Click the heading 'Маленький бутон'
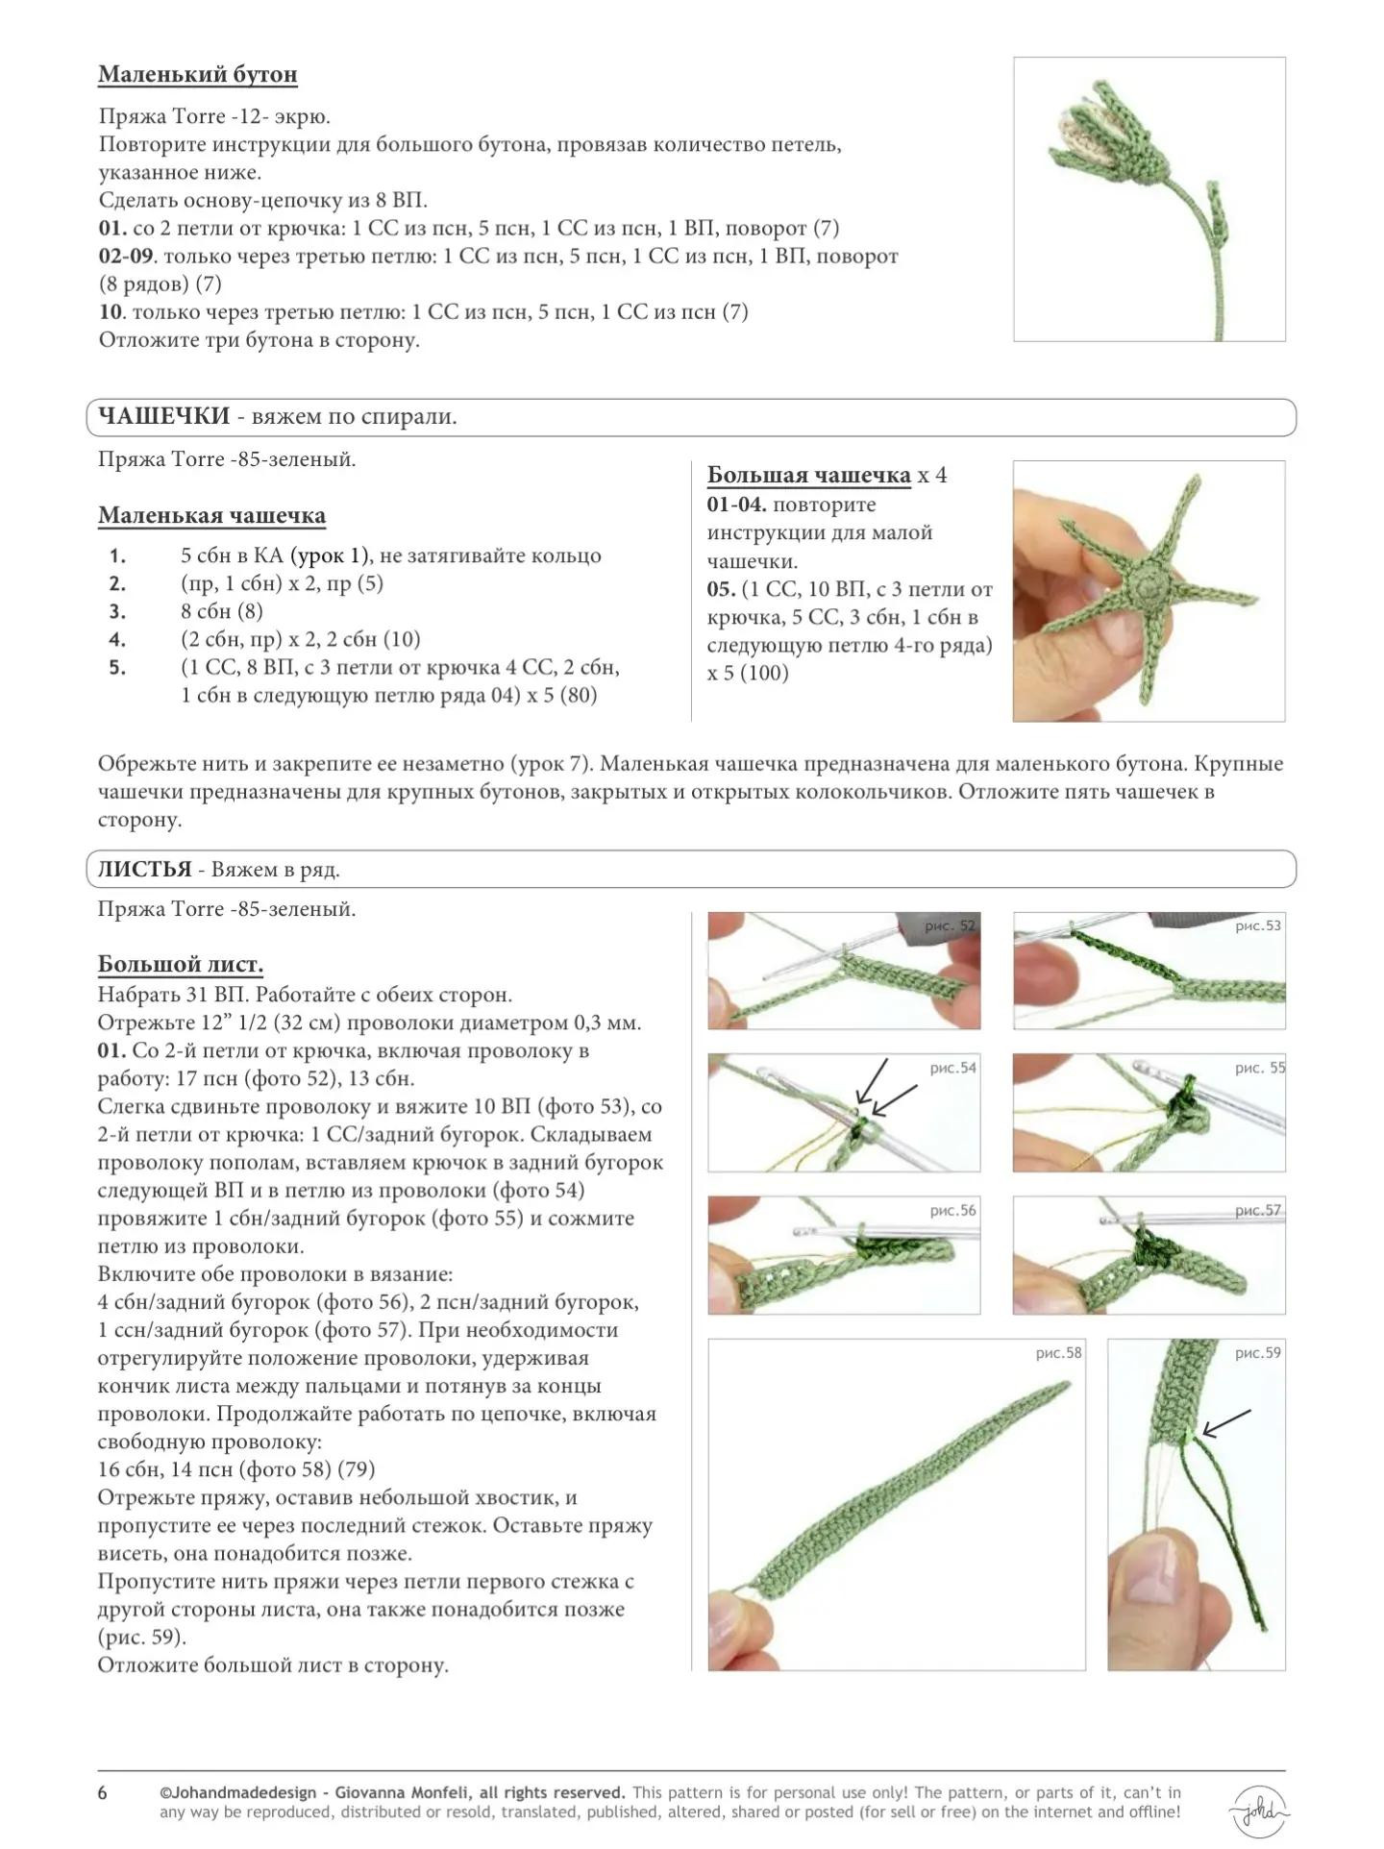(x=197, y=75)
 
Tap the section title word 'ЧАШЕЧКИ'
(x=164, y=416)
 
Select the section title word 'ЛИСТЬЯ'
(x=144, y=870)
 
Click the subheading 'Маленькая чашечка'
(x=211, y=516)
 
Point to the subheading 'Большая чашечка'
(x=808, y=475)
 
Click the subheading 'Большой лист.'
(x=180, y=965)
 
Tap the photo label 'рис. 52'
(x=949, y=926)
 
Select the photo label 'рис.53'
(x=1257, y=926)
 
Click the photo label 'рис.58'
(x=1058, y=1353)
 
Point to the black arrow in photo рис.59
(x=1225, y=1423)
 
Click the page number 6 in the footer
(x=103, y=1793)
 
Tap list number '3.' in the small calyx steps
(x=117, y=611)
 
